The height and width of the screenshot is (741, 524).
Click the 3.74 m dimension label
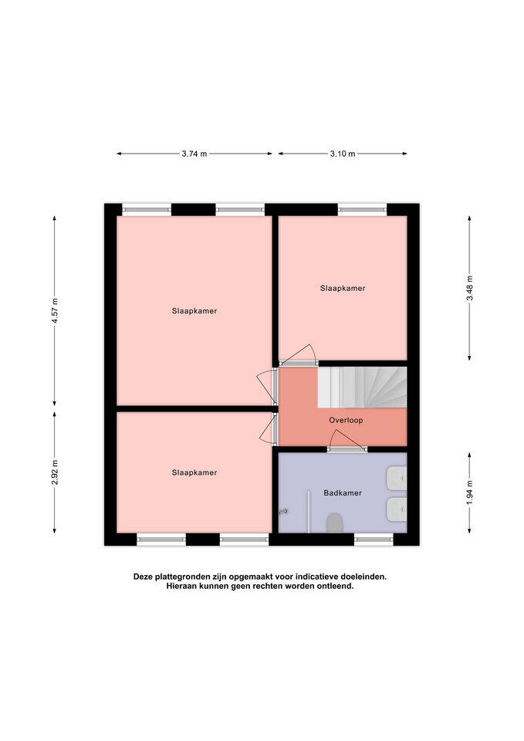194,154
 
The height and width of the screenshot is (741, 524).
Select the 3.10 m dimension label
343,154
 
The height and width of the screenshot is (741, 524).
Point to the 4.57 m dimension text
55,311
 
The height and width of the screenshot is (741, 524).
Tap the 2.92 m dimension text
55,472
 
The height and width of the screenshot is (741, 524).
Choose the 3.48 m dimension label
469,288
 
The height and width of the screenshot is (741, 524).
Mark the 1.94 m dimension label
469,492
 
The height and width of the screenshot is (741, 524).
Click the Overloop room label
346,420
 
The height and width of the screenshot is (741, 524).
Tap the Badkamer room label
343,493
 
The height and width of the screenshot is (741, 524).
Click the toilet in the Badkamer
334,523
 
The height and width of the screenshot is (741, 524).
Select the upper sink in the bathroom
397,479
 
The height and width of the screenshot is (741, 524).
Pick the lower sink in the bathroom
397,509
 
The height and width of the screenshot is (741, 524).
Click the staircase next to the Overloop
362,387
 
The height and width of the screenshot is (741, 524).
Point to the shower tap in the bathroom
284,511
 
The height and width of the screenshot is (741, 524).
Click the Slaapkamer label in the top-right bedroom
343,288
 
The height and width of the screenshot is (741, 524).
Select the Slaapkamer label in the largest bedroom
194,311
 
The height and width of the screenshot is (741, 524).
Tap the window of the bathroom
374,540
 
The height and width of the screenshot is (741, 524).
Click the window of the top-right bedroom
363,209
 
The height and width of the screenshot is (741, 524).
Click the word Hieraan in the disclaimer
181,586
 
